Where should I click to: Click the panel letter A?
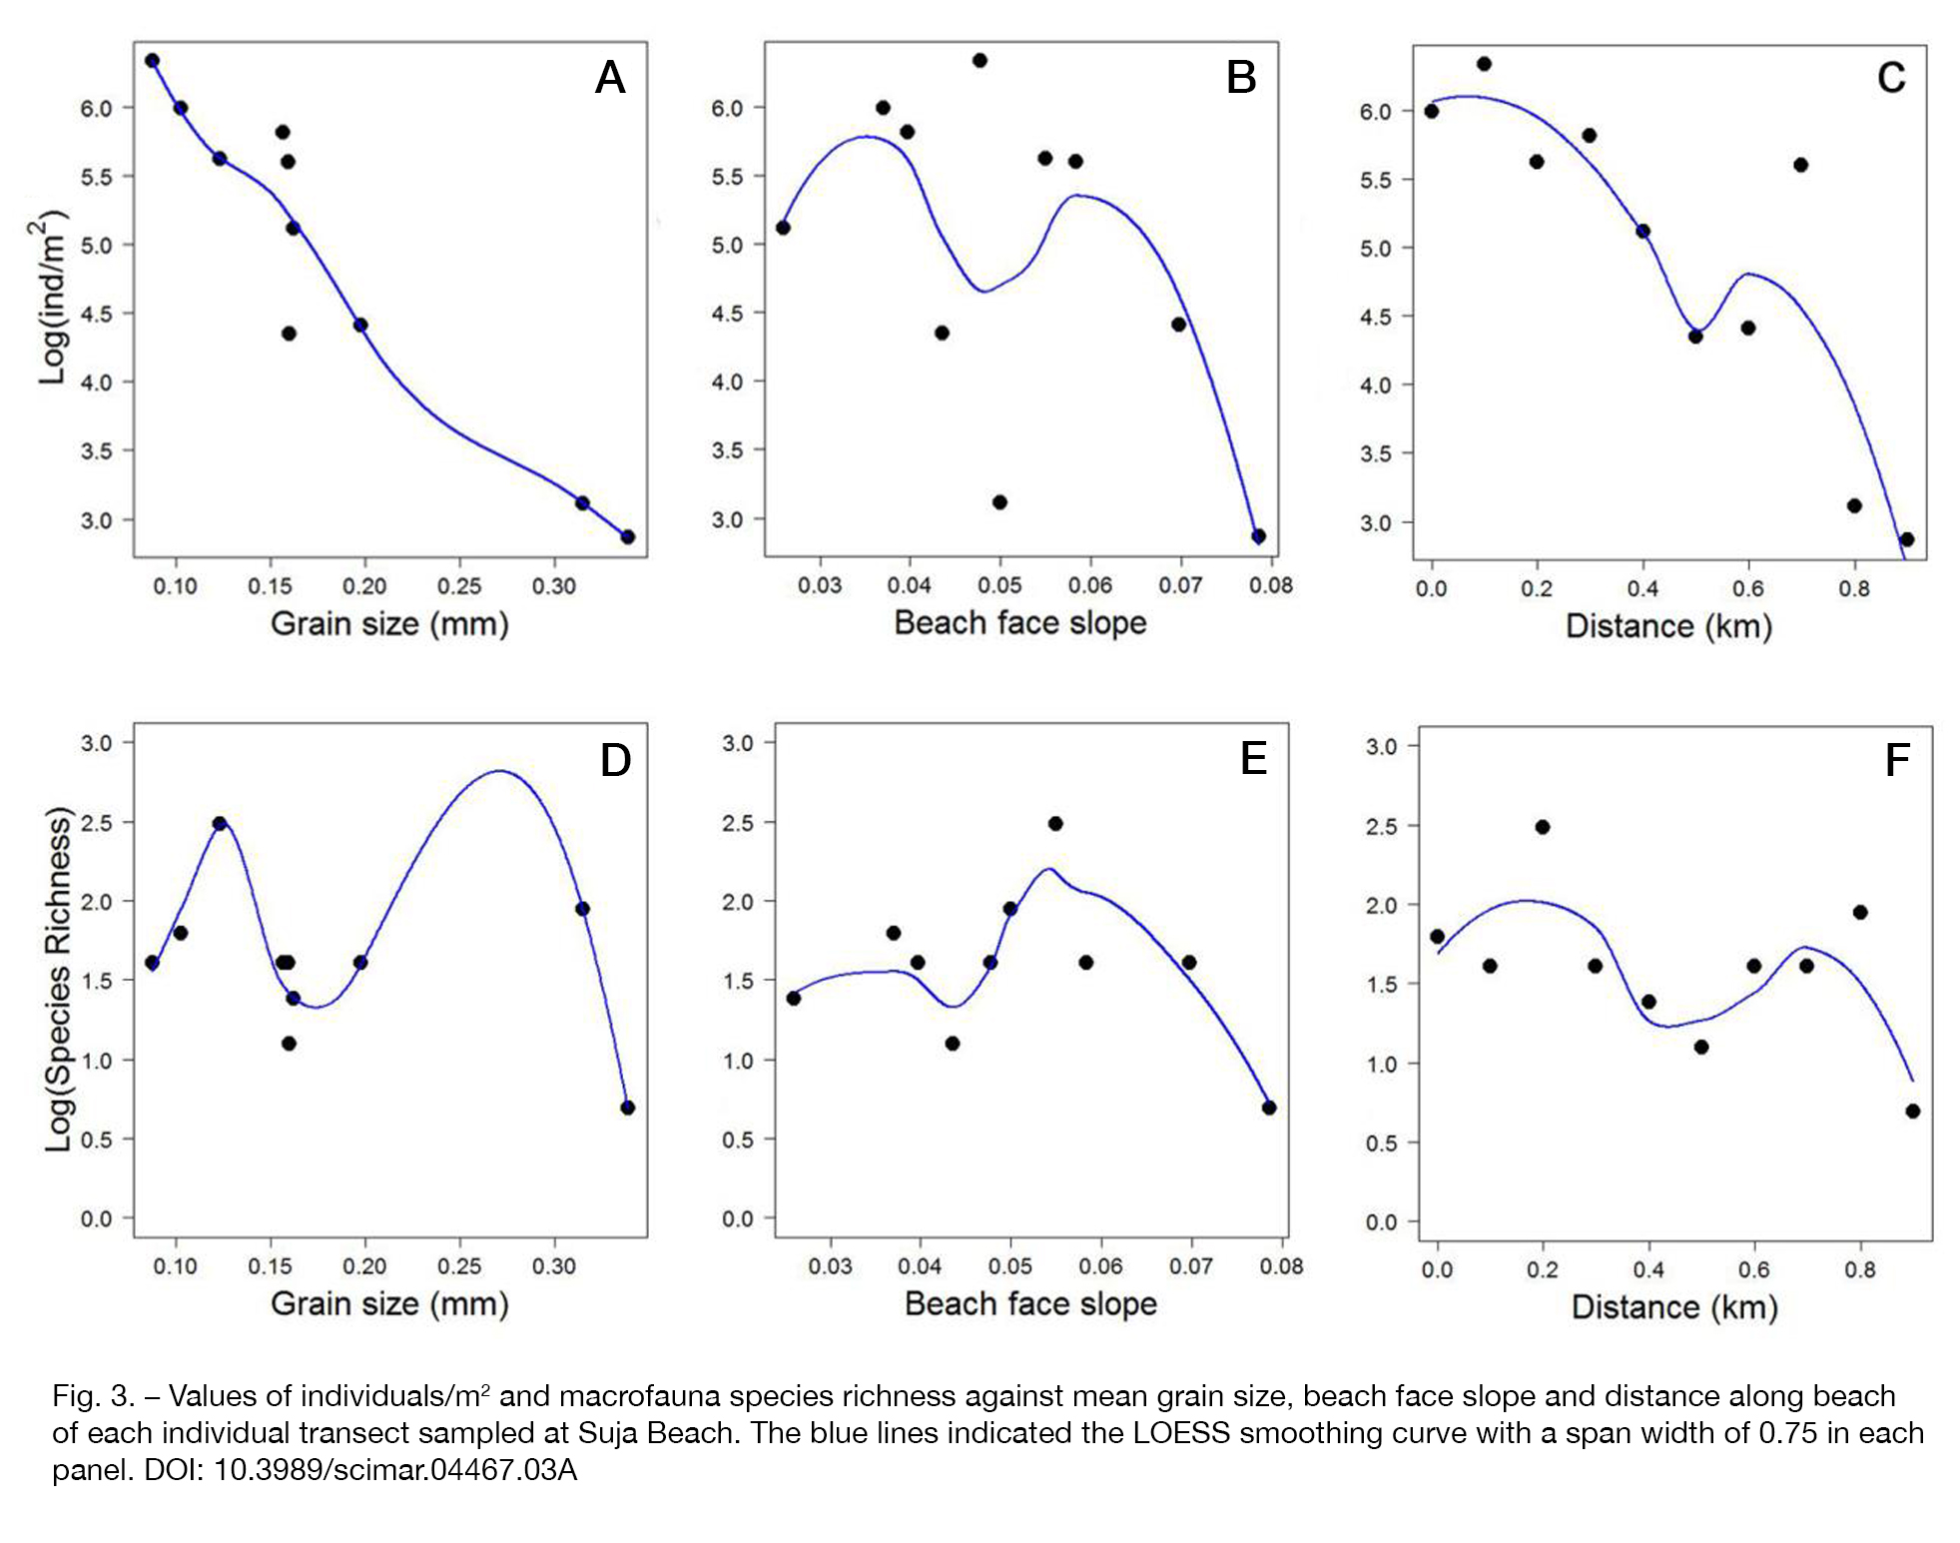610,77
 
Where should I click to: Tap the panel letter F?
1897,760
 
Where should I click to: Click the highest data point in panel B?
980,60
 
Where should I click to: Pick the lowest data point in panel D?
627,1107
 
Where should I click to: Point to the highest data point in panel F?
1542,826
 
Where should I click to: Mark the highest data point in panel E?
1054,823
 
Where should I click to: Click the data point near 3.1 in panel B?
999,501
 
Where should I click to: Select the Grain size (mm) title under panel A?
389,623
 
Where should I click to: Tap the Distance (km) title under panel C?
1668,626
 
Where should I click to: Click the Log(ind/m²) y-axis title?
49,298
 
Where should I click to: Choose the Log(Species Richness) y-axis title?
59,979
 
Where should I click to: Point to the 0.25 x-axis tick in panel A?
458,585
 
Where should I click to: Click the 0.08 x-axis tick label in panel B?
1270,584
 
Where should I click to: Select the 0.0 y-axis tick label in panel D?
96,1218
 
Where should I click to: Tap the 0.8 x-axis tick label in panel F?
1859,1269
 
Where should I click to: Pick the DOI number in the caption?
395,1469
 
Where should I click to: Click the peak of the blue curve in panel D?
499,770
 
